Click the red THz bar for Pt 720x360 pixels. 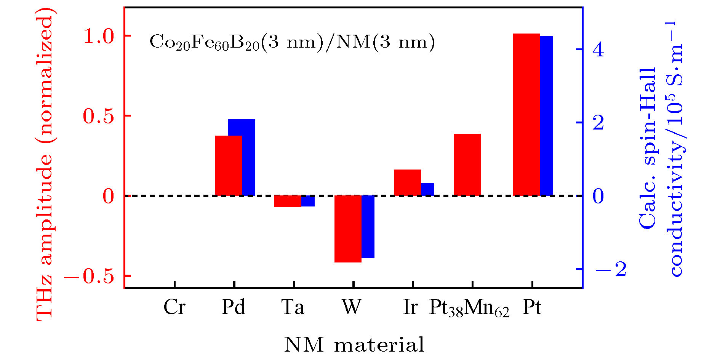pyautogui.click(x=526, y=114)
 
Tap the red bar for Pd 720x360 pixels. pyautogui.click(x=229, y=165)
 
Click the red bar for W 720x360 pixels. pyautogui.click(x=348, y=229)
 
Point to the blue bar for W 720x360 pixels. pyautogui.click(x=368, y=227)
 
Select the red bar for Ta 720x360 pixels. pyautogui.click(x=288, y=201)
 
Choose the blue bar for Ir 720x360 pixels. pyautogui.click(x=427, y=189)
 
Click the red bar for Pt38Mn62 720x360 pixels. pyautogui.click(x=467, y=165)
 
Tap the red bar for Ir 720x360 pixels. pyautogui.click(x=407, y=182)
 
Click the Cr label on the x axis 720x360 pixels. pyautogui.click(x=174, y=307)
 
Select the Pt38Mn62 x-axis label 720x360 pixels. pyautogui.click(x=469, y=308)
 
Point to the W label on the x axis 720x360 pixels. pyautogui.click(x=351, y=307)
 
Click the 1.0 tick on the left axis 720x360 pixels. pyautogui.click(x=99, y=36)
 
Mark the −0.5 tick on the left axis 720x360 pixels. pyautogui.click(x=90, y=276)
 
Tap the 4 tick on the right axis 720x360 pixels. pyautogui.click(x=598, y=50)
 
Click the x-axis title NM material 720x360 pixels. pyautogui.click(x=354, y=345)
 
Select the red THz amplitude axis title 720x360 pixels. pyautogui.click(x=45, y=168)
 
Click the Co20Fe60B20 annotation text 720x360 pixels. pyautogui.click(x=292, y=42)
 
